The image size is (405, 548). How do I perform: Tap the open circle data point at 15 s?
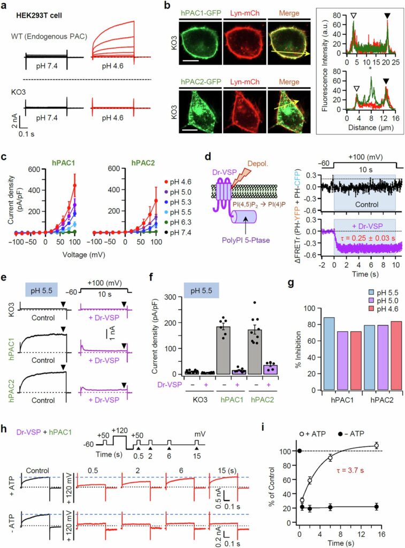click(x=377, y=445)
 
